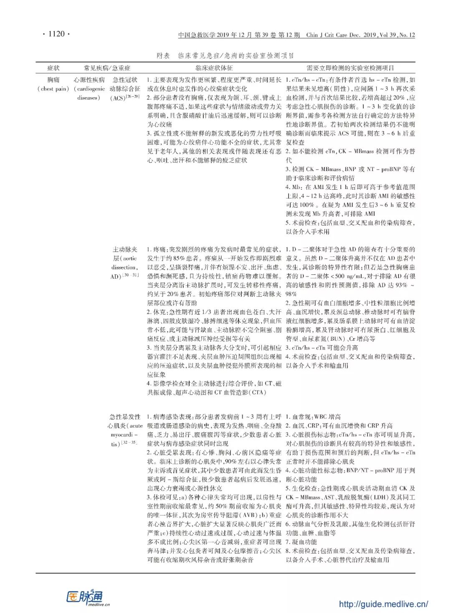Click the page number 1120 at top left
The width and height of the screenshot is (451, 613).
[x=56, y=34]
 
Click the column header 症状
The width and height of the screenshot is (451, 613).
[x=53, y=68]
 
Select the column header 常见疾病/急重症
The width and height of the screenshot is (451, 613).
[x=107, y=68]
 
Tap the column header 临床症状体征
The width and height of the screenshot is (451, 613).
[x=214, y=68]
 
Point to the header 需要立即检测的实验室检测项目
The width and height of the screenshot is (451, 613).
[x=350, y=68]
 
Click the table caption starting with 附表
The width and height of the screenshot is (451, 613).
[x=225, y=55]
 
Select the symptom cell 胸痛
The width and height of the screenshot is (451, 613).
[x=53, y=80]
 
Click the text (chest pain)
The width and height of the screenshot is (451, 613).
[x=53, y=89]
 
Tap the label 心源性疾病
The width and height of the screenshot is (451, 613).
[x=89, y=80]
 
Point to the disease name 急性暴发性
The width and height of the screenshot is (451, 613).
[x=125, y=417]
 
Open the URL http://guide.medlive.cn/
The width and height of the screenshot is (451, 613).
[x=383, y=604]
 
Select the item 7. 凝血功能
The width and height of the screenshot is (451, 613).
[x=301, y=542]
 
